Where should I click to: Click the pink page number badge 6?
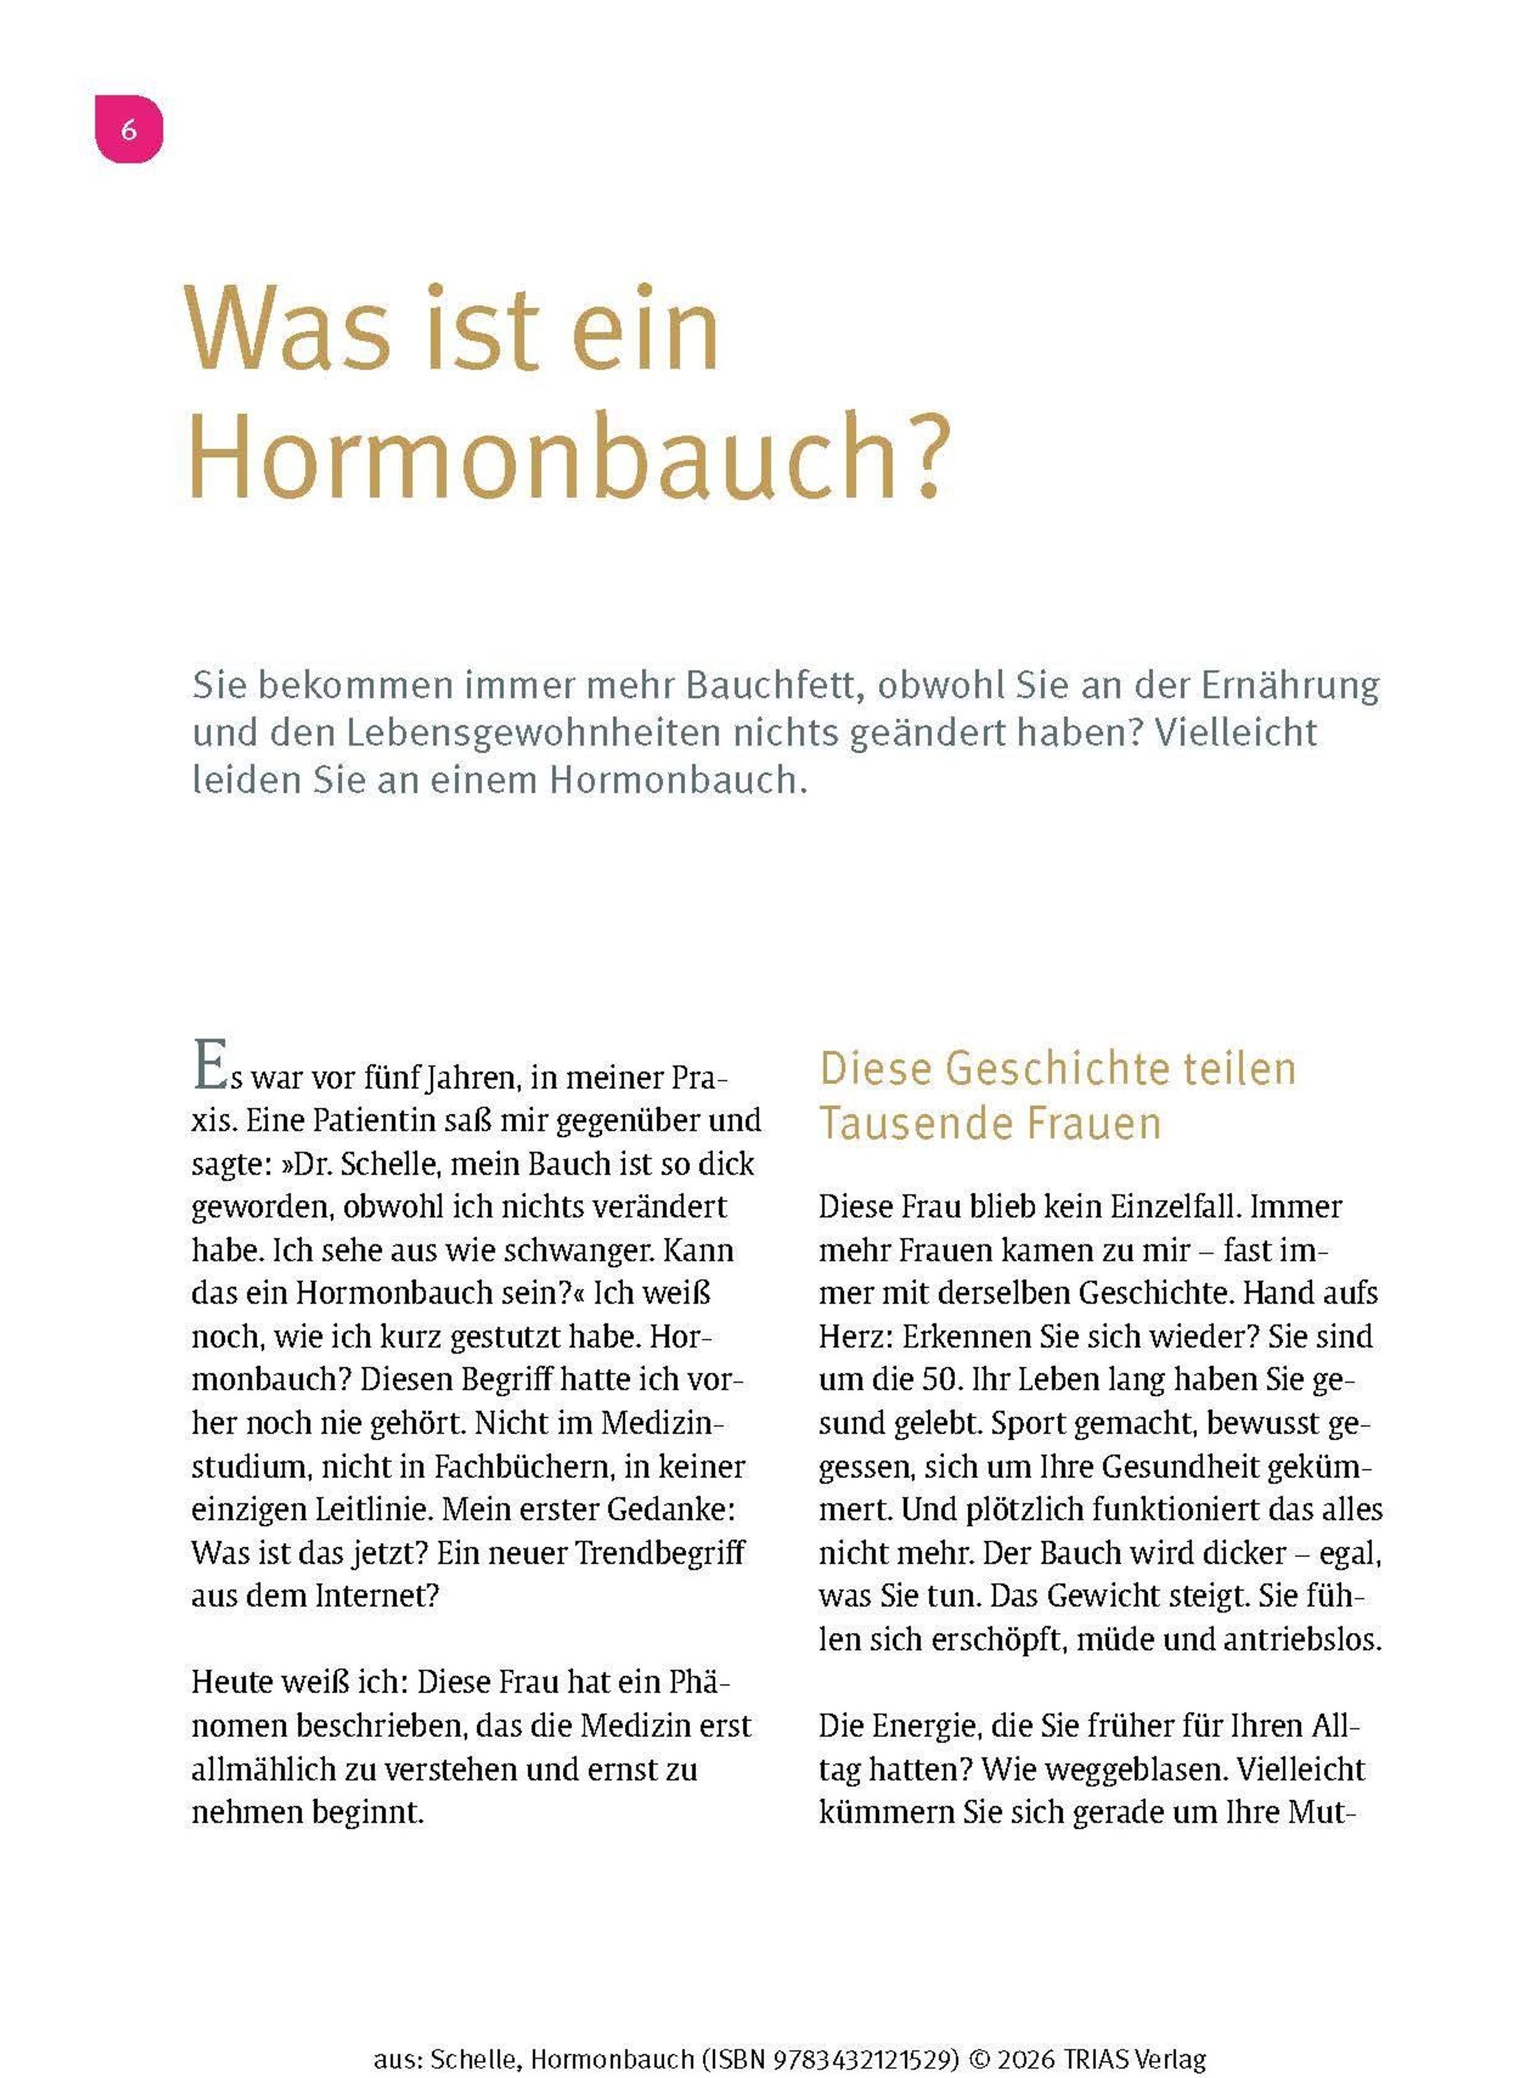(129, 129)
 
